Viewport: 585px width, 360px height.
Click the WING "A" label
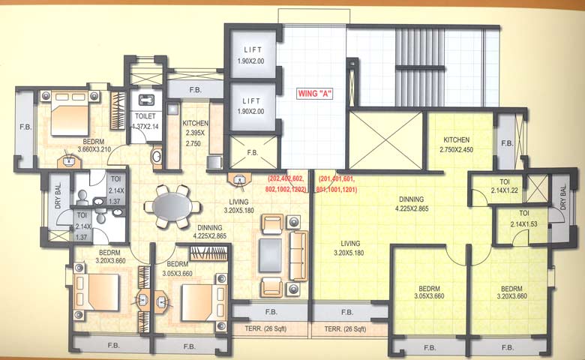click(x=315, y=94)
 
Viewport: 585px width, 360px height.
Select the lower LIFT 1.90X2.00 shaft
click(x=253, y=106)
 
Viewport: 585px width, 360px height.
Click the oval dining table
click(x=172, y=205)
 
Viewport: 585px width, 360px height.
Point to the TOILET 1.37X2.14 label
click(x=147, y=121)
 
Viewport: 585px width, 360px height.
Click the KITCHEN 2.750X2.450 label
click(x=456, y=145)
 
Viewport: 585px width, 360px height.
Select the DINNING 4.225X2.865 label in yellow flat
click(x=416, y=204)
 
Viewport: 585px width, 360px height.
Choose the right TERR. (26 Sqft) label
click(x=345, y=329)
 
